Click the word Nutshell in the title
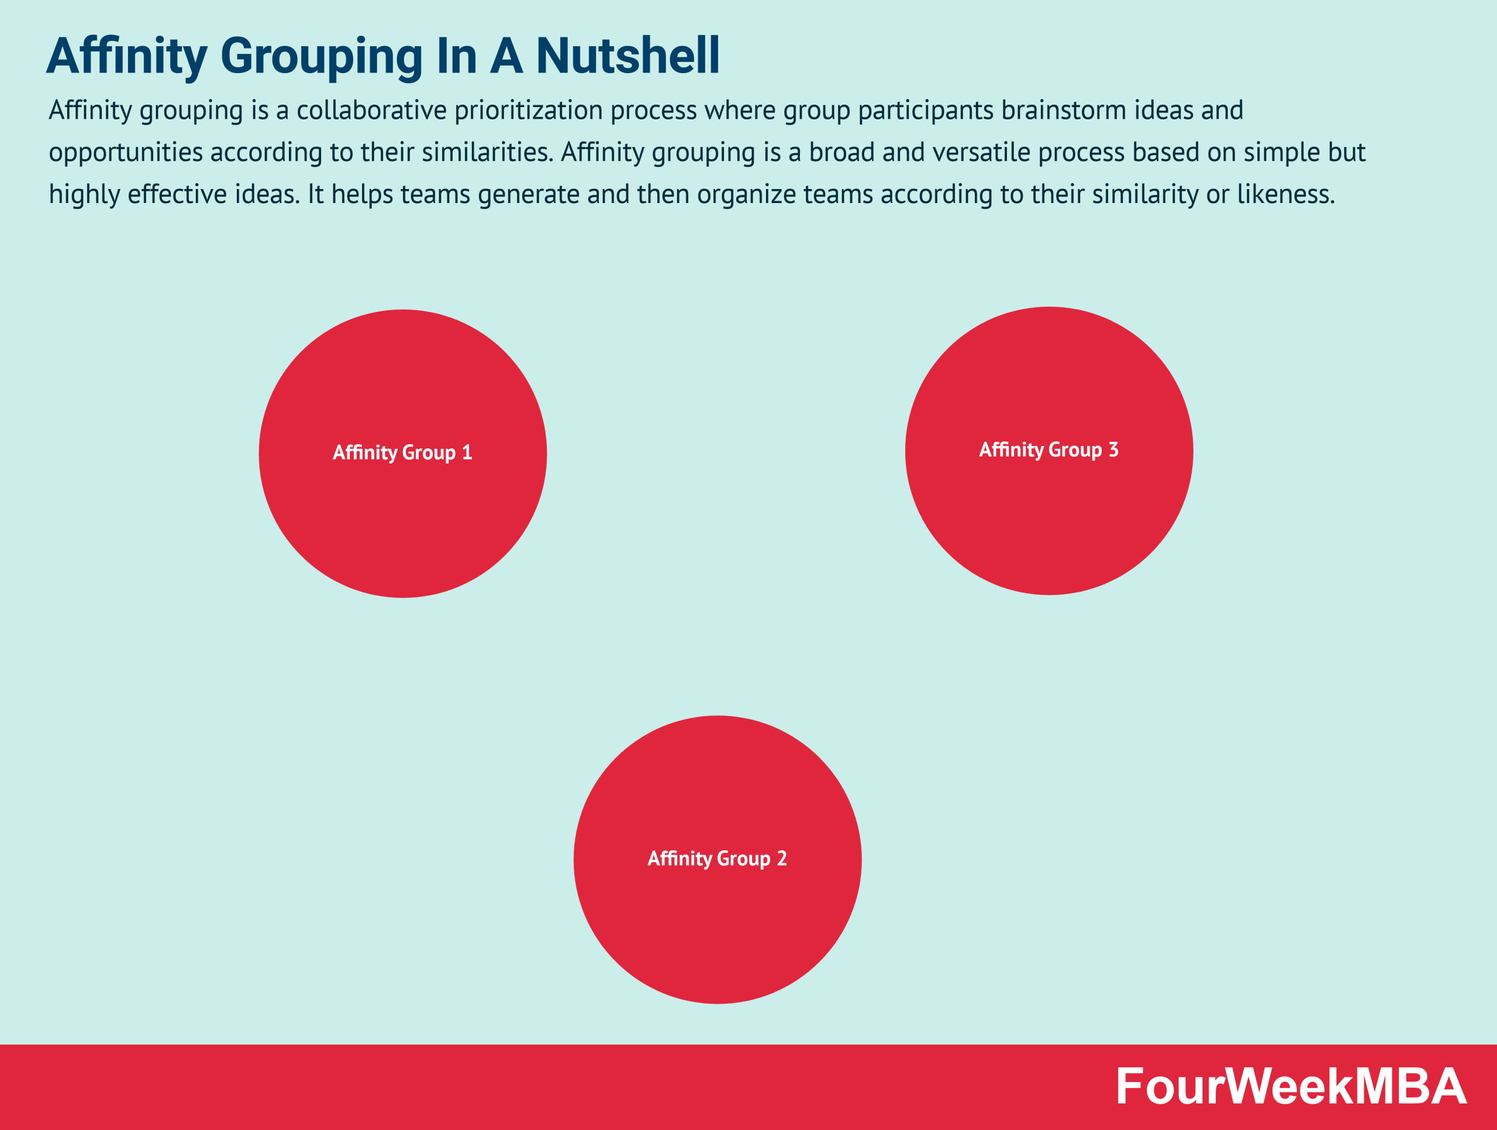tap(627, 56)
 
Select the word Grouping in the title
tap(322, 57)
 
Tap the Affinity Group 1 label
tap(402, 452)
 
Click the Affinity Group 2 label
tap(717, 858)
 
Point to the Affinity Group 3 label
tap(1048, 449)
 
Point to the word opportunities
tap(125, 153)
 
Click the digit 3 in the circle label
tap(1113, 449)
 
